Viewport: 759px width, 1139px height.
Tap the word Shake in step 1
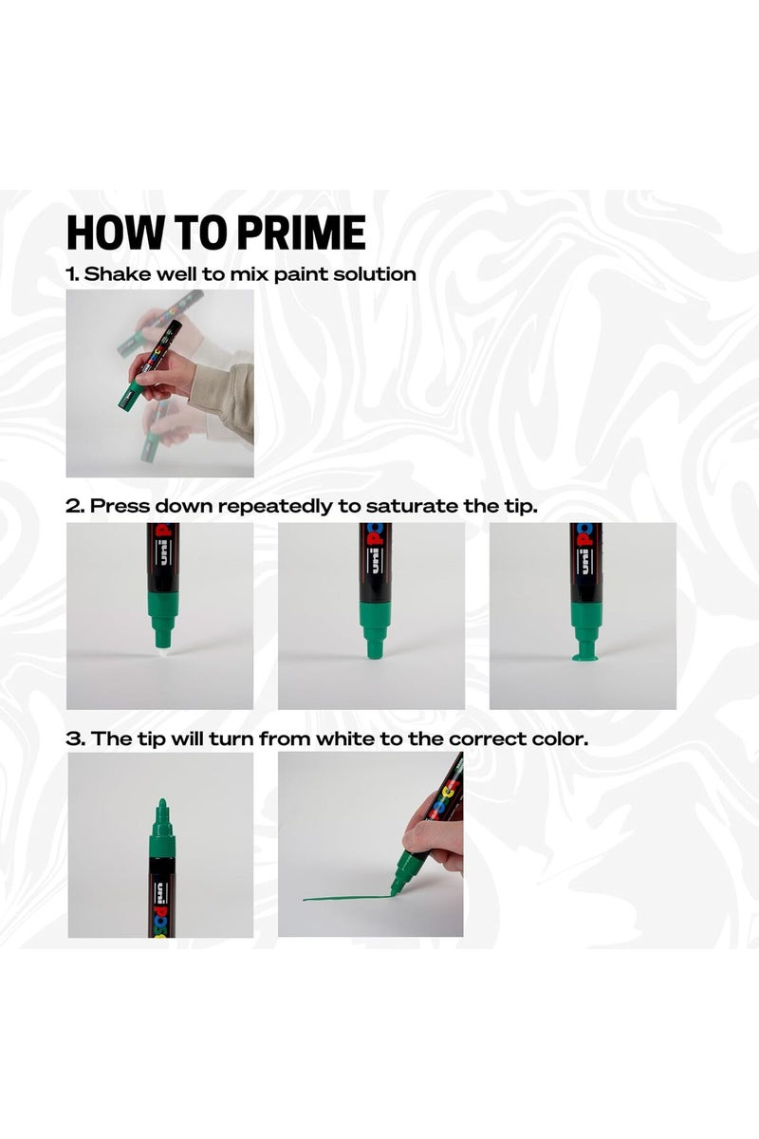tap(113, 274)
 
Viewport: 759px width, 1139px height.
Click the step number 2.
tap(72, 506)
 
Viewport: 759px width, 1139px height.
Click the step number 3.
tap(72, 738)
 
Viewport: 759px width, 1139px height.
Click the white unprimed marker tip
tap(160, 643)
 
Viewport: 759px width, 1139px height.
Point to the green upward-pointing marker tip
tap(161, 813)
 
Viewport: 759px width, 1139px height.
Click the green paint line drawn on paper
tap(342, 897)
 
